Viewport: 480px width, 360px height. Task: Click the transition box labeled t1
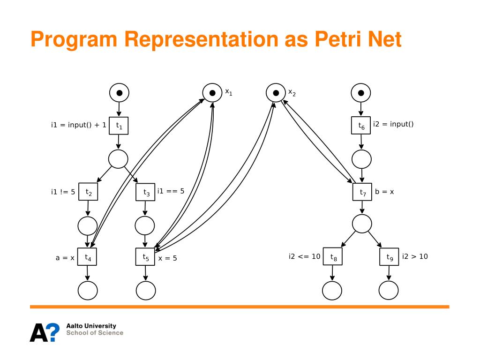point(119,126)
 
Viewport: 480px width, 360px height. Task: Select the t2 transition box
point(88,191)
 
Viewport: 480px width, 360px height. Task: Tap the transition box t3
point(145,192)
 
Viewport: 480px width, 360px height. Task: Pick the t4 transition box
point(87,256)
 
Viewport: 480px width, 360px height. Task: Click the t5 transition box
point(145,256)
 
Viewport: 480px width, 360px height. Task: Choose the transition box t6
point(361,126)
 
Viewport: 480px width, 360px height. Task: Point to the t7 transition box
point(362,192)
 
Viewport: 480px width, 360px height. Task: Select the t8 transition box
point(333,256)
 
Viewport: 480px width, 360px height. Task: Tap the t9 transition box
point(389,256)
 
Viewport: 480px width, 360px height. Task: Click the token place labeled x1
point(212,93)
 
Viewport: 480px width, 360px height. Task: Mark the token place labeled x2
point(276,93)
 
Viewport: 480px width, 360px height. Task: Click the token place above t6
point(361,93)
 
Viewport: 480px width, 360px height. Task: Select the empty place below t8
point(332,291)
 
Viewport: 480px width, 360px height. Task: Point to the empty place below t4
point(88,291)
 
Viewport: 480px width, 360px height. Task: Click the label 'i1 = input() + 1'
point(78,125)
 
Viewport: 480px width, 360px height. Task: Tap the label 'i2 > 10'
point(415,256)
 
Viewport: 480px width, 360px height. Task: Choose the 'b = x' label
point(384,191)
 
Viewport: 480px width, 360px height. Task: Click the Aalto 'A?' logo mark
point(45,331)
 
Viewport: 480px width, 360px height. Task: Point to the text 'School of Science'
point(95,333)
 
